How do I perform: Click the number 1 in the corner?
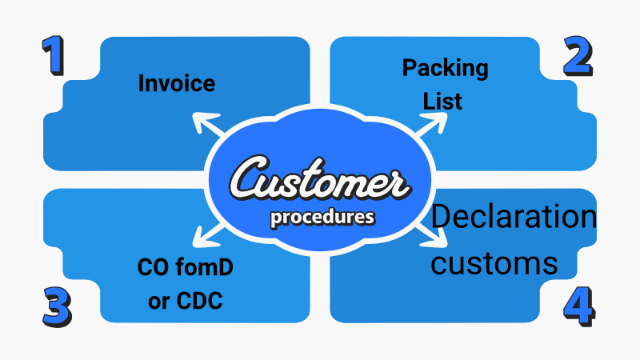click(54, 57)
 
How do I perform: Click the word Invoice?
click(177, 82)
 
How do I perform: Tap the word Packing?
click(445, 69)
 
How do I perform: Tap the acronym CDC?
click(201, 301)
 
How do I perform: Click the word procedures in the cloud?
click(321, 217)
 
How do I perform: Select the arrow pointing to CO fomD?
click(199, 237)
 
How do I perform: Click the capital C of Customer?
click(249, 181)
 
